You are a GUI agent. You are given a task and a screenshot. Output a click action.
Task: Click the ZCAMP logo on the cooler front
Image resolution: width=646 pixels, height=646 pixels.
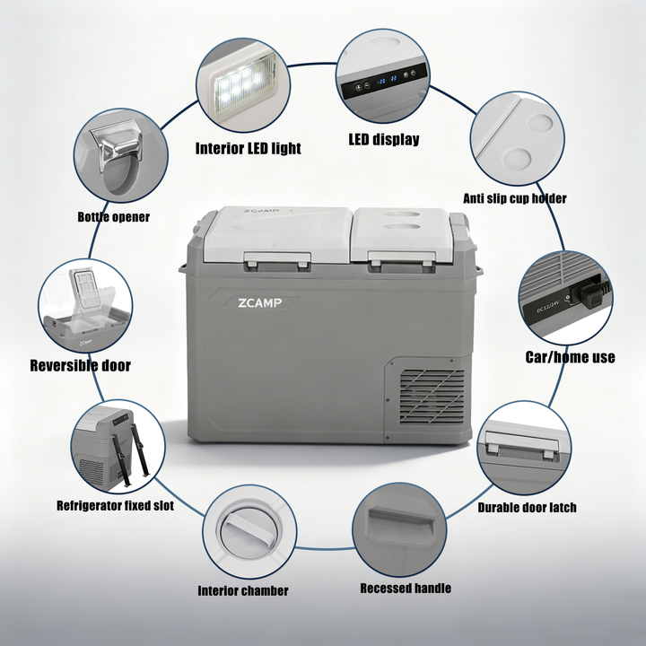[260, 303]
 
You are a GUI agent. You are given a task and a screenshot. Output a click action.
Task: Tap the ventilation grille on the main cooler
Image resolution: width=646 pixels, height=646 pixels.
[432, 397]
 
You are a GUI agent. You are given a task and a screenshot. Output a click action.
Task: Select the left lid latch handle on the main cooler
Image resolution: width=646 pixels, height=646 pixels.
[277, 261]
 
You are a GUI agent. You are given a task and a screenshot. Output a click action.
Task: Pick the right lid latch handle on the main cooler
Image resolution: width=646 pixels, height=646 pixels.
[402, 260]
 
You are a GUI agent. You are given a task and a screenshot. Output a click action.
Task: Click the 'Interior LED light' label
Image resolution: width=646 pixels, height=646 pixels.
[248, 148]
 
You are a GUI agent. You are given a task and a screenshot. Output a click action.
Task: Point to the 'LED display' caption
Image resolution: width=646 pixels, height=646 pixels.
[384, 139]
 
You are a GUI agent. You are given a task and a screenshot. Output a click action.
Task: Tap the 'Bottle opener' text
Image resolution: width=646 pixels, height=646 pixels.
[113, 217]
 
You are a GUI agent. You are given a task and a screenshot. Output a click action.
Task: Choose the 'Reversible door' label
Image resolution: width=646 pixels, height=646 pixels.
[81, 365]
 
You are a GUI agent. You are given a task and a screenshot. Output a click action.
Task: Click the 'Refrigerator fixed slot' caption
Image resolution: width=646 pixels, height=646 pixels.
[115, 505]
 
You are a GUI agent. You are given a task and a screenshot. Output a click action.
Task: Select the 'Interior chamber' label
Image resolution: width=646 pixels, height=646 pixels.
[243, 590]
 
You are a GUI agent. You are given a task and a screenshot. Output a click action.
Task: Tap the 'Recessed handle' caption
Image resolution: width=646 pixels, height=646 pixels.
[406, 588]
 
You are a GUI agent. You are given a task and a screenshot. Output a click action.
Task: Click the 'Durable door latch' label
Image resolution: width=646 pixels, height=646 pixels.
[527, 507]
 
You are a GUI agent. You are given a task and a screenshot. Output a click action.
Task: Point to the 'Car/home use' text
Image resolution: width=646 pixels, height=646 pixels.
[571, 357]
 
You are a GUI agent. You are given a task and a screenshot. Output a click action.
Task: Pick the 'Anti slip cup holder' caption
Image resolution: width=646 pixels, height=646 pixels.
[515, 198]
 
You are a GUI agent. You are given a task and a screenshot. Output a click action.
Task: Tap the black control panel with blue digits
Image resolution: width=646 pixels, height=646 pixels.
[382, 82]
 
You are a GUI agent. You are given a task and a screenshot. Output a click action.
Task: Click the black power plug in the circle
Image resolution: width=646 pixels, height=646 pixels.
[591, 294]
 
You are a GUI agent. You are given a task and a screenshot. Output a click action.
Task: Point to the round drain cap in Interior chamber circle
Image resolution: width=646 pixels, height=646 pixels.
[249, 532]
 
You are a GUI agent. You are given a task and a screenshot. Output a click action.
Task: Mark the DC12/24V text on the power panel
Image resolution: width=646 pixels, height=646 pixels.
[547, 305]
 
